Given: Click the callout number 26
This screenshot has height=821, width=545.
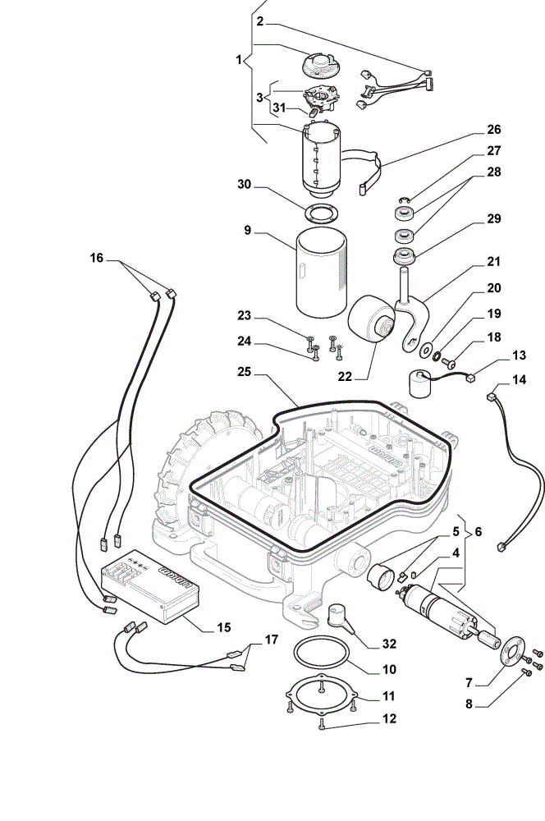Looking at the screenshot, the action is coord(493,130).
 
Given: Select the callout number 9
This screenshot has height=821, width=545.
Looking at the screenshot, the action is coord(248,231).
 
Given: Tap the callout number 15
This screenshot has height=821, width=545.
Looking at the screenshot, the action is coord(223,627).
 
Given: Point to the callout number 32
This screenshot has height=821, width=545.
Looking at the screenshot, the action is coord(389,644).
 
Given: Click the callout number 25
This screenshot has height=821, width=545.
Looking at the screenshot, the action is coord(244,372).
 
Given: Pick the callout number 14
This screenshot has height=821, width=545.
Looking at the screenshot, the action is coord(519,379).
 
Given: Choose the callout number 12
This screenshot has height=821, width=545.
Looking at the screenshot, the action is coord(389,718).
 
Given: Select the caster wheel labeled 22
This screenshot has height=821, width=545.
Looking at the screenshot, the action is coord(371,319).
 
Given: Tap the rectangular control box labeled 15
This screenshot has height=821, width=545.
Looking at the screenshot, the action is coord(149,586).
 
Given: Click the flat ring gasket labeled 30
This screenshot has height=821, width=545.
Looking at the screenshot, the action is coord(321,213).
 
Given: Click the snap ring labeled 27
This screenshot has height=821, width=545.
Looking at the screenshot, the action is coord(404,200).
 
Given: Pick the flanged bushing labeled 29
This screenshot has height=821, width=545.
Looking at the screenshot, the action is coord(404,257).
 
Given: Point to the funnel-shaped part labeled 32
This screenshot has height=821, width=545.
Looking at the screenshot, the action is coord(340,617).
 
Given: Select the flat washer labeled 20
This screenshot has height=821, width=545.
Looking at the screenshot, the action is coord(426,349).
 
